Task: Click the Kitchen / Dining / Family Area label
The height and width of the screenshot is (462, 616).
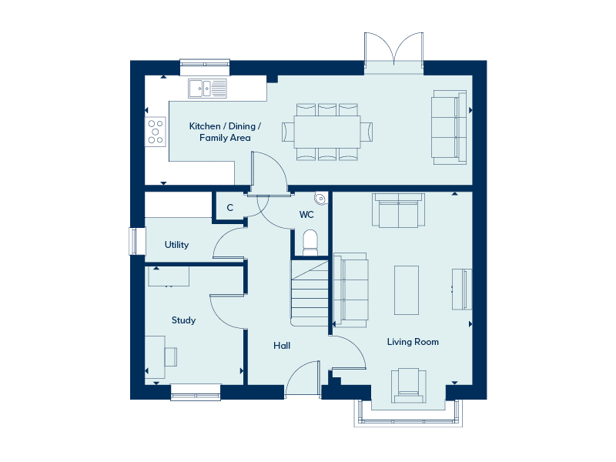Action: [x=225, y=132]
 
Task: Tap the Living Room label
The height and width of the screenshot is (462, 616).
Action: [x=413, y=342]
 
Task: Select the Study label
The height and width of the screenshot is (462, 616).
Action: [x=183, y=320]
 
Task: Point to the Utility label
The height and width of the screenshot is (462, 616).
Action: [x=176, y=245]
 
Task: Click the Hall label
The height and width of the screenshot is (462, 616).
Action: [x=282, y=346]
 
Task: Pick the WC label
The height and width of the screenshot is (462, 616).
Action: [x=306, y=215]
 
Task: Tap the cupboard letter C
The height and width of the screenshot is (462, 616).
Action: [x=229, y=208]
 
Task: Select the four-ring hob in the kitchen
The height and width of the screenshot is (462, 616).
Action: [x=156, y=130]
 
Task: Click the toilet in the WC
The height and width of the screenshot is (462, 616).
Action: [x=310, y=242]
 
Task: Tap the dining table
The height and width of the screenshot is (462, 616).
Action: [x=327, y=132]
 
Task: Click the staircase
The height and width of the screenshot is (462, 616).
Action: [x=310, y=293]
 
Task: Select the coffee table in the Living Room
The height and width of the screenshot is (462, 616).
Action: [x=407, y=290]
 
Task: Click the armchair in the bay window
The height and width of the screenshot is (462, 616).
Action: [x=408, y=385]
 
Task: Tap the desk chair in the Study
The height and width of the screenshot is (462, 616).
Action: [x=170, y=357]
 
